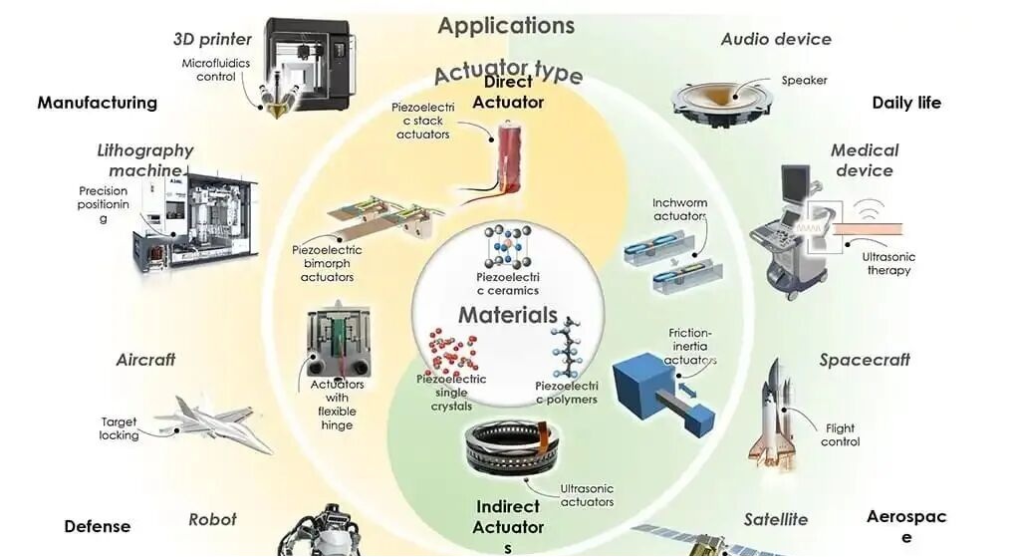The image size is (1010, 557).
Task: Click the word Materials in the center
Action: tap(507, 315)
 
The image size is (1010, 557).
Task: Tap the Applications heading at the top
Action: tap(506, 25)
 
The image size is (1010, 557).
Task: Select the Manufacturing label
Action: tap(98, 102)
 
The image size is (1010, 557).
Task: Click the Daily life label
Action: tap(905, 103)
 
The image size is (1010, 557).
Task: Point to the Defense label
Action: tap(98, 526)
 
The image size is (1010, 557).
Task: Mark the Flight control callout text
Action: tap(840, 434)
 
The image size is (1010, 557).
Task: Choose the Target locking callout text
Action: tap(120, 428)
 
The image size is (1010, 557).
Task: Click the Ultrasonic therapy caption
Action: tap(887, 263)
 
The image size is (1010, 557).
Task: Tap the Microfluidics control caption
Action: tap(216, 70)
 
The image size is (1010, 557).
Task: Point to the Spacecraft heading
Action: tap(865, 360)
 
